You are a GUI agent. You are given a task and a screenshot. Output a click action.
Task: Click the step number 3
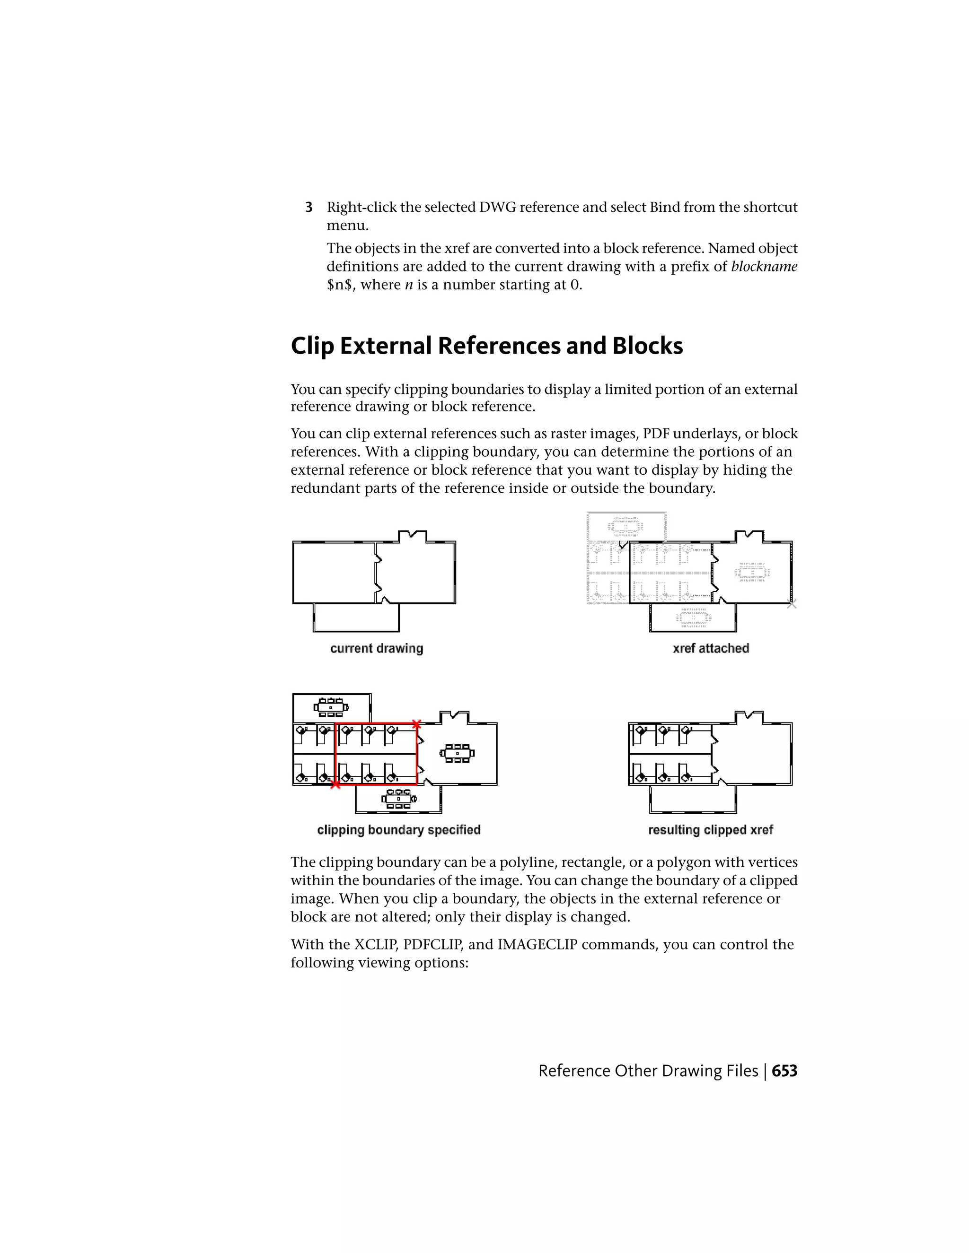point(309,207)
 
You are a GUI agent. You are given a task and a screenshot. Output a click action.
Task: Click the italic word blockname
point(764,267)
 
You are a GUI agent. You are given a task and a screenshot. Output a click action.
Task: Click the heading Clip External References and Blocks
point(486,346)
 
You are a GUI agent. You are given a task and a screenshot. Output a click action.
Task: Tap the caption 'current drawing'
point(377,648)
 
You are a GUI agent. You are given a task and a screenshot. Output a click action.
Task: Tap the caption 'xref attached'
point(711,648)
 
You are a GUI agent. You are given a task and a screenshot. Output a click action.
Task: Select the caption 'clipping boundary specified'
point(398,830)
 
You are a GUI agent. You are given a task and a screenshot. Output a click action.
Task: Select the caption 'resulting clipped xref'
point(710,830)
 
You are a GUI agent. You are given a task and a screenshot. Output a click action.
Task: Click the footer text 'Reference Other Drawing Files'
point(648,1071)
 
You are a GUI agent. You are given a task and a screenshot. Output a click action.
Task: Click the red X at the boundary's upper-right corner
point(417,724)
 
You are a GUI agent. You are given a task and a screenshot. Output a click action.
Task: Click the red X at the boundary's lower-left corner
point(336,785)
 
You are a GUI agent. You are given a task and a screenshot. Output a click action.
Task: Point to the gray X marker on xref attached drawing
point(792,603)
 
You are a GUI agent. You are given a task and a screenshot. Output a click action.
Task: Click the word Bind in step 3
point(665,207)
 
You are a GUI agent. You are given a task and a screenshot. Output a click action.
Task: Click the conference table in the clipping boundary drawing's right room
point(457,753)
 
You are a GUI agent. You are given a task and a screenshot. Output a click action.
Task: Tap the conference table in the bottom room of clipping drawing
point(398,799)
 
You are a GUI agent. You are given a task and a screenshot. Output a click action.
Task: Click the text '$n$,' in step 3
point(339,285)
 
